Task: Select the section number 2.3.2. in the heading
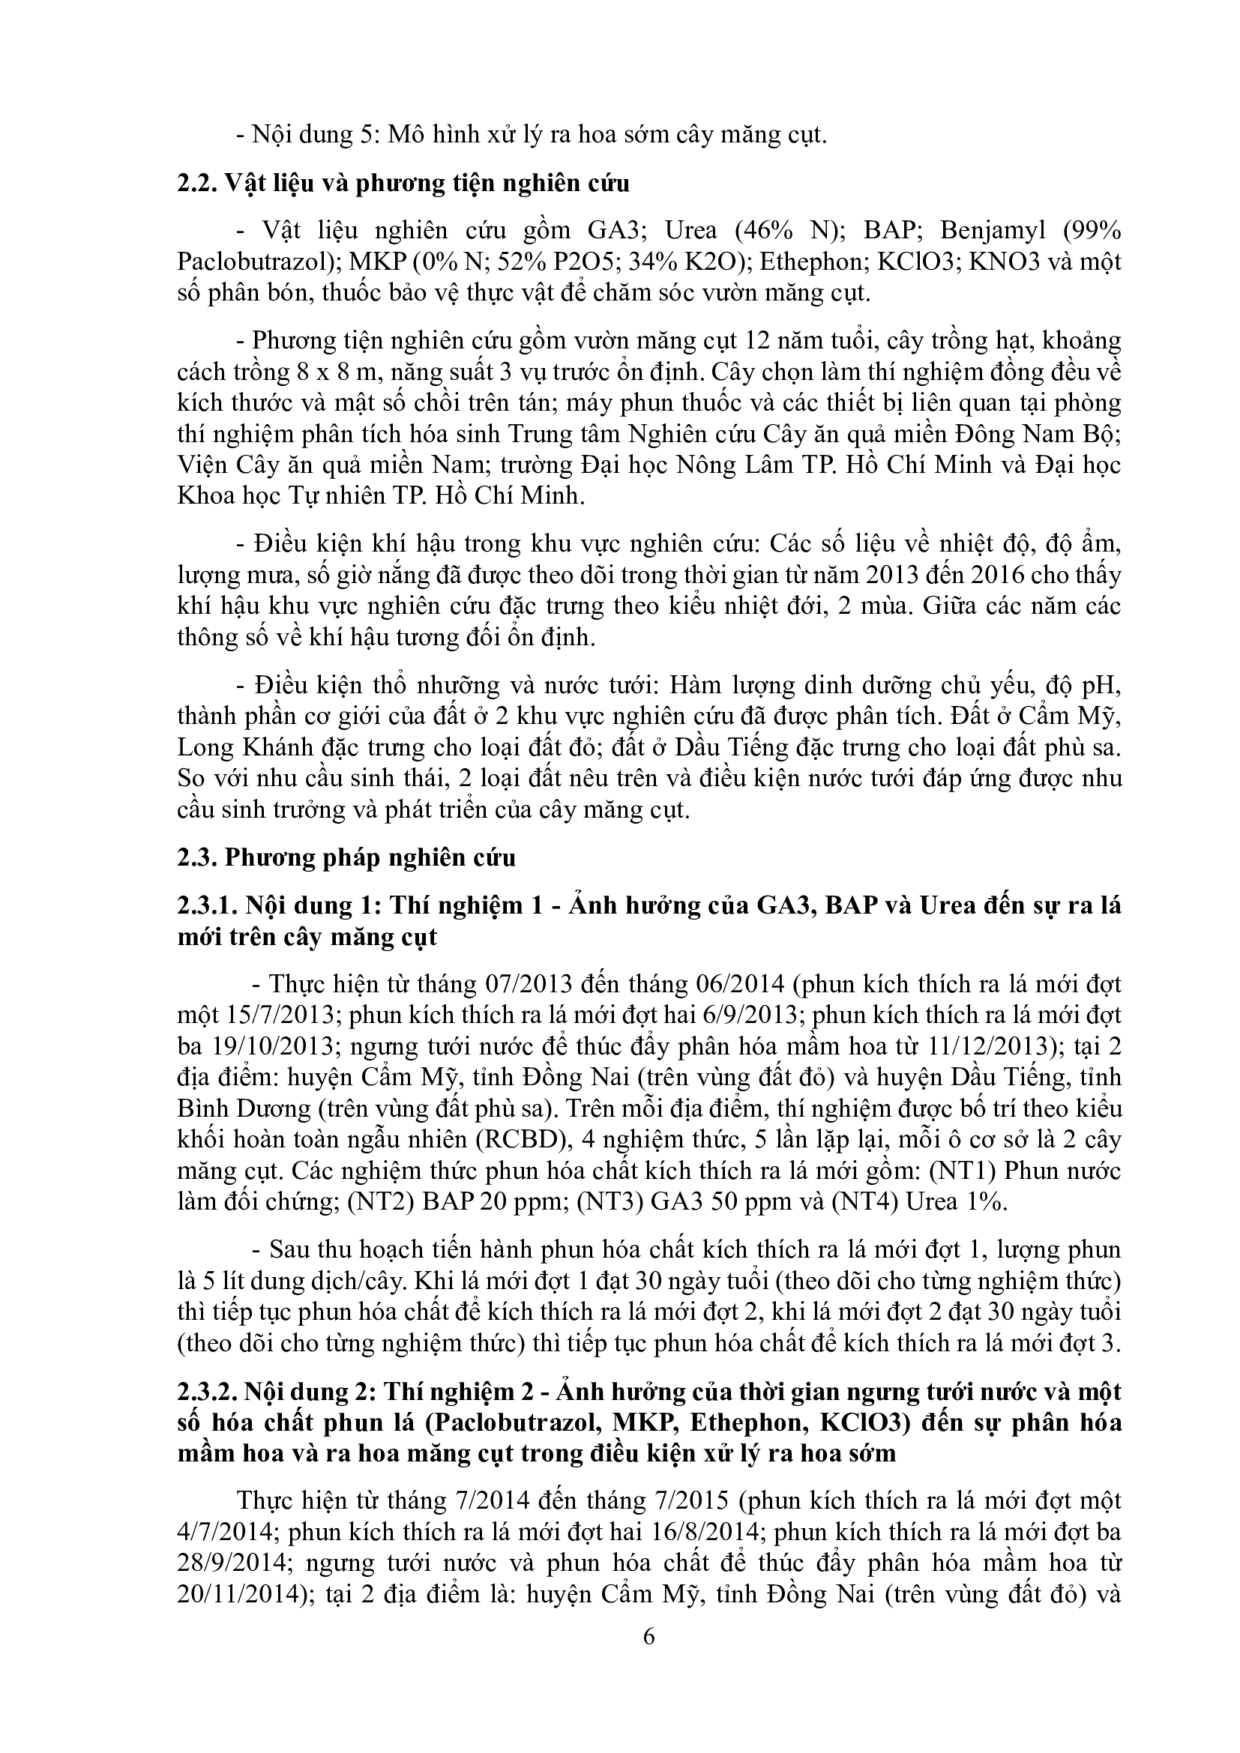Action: point(204,1392)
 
